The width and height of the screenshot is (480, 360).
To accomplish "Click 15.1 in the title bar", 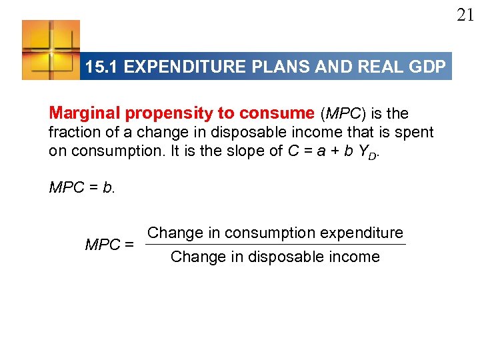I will point(102,67).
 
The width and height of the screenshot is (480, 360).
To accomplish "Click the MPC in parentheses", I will point(345,113).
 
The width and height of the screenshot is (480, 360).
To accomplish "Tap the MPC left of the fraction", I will point(102,245).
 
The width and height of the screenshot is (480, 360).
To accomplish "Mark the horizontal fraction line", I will point(275,245).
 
